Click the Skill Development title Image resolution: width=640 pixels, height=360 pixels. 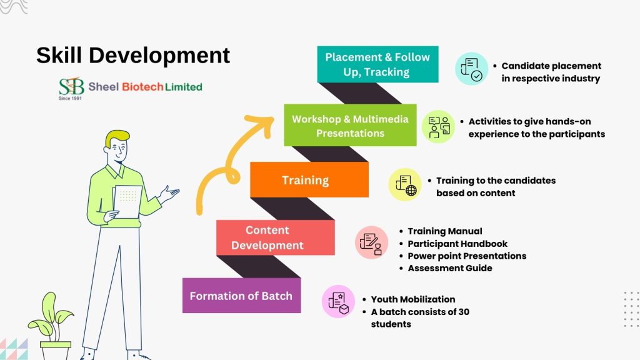pos(132,55)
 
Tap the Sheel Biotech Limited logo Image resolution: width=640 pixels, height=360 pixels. pos(130,87)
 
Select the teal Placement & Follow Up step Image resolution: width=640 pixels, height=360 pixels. pos(377,64)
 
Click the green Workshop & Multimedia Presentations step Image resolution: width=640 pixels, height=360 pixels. pos(350,126)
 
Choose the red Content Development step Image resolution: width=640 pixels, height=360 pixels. pos(267,237)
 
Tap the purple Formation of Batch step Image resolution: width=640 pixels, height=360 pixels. pos(241,296)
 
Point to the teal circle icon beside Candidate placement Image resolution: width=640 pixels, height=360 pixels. pos(471,69)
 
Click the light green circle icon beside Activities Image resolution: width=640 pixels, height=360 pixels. pos(439,126)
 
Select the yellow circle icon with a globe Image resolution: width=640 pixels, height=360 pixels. pos(405,185)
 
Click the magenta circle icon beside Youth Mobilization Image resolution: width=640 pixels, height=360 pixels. pos(338,301)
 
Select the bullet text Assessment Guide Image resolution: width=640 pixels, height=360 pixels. pos(449,268)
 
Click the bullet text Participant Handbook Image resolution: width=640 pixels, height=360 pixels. pos(457,243)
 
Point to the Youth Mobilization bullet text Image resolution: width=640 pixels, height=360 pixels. pos(412,299)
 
